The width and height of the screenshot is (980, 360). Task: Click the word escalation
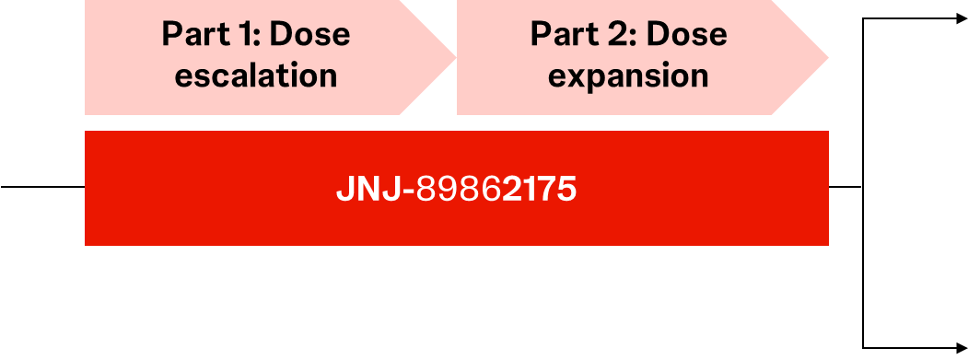pyautogui.click(x=256, y=75)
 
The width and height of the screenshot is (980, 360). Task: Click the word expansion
pyautogui.click(x=628, y=76)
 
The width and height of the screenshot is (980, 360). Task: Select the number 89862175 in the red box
pyautogui.click(x=496, y=188)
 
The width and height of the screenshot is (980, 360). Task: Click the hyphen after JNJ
pyautogui.click(x=409, y=191)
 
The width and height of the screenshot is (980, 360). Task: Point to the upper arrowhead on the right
pyautogui.click(x=962, y=18)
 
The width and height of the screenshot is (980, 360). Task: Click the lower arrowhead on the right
pyautogui.click(x=962, y=347)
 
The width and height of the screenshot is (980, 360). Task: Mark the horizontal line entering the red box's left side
pyautogui.click(x=42, y=186)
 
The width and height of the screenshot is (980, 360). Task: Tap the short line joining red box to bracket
pyautogui.click(x=846, y=186)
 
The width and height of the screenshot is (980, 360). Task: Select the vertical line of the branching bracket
pyautogui.click(x=863, y=183)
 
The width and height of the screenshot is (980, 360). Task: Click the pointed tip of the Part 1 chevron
pyautogui.click(x=456, y=57)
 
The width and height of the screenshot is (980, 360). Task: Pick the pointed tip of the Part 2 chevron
pyautogui.click(x=828, y=57)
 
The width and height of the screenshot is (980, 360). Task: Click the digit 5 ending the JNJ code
pyautogui.click(x=566, y=188)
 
